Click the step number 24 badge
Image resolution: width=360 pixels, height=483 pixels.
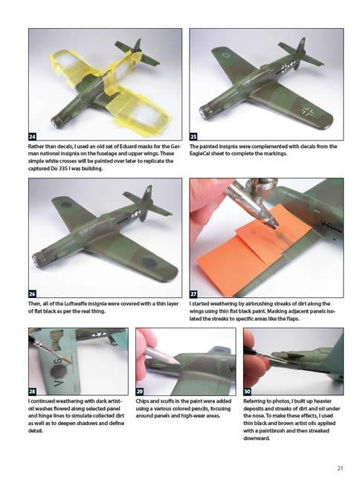33,137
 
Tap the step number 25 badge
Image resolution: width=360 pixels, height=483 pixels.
193,137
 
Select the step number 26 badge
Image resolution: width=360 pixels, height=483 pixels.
33,294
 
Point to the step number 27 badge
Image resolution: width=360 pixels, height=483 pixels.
193,294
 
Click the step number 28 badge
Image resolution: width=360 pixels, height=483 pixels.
33,391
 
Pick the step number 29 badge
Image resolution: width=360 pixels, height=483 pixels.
140,391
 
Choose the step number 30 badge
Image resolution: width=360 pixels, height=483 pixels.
248,391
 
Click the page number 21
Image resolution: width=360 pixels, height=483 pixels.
340,468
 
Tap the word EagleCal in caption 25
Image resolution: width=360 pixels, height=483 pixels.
200,154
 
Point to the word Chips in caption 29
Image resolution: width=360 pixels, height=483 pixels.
142,401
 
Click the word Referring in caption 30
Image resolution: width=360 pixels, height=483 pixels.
254,401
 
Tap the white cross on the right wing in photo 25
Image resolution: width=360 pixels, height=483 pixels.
308,112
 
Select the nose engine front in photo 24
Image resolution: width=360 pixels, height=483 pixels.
57,123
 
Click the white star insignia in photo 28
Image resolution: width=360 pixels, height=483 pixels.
98,334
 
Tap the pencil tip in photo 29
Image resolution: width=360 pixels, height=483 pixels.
178,363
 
